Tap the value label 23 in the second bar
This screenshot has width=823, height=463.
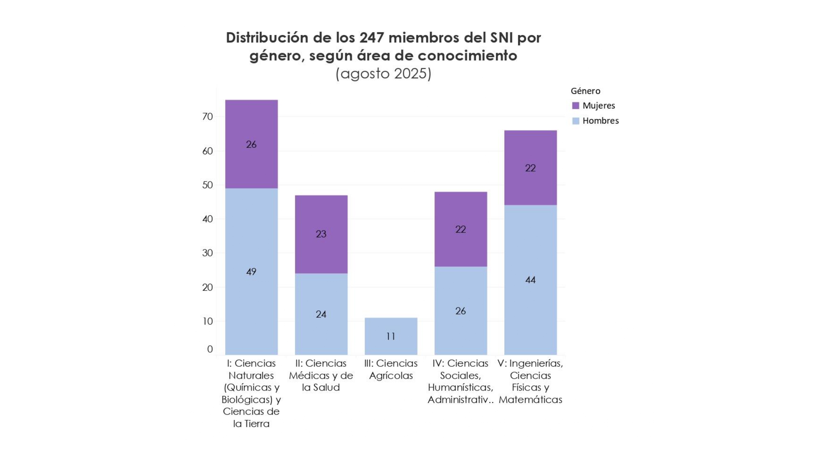tap(321, 234)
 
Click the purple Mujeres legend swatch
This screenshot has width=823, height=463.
tap(576, 106)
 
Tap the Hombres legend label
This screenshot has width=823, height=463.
tap(600, 121)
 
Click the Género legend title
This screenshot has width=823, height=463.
tap(585, 91)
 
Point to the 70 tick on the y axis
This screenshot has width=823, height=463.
tap(208, 117)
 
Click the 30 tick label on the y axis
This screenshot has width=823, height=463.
tap(208, 253)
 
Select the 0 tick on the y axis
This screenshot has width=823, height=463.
tap(210, 349)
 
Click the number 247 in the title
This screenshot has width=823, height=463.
tap(372, 38)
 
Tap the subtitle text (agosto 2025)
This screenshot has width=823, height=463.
tap(384, 74)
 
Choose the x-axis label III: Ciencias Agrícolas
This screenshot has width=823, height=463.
tap(391, 369)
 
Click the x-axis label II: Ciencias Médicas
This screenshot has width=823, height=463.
tap(321, 375)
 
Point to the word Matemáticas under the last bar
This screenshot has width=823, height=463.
tap(530, 400)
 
